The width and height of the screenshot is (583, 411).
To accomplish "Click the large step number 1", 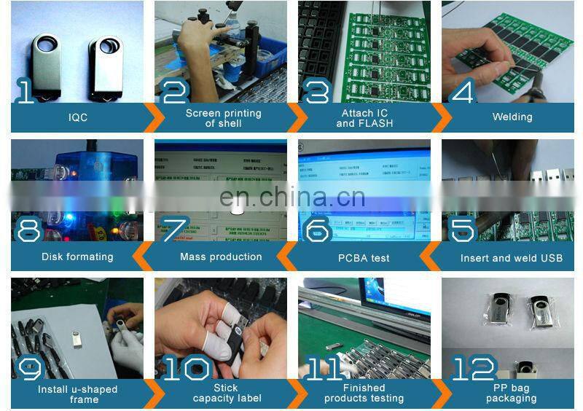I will point(26,91).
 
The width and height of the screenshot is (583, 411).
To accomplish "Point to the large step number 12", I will point(473,368).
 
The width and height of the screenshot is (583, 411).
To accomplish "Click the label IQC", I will point(78,117).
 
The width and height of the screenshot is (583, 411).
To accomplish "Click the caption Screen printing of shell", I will point(223,118).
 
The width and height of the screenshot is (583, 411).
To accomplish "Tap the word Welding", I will point(512,117).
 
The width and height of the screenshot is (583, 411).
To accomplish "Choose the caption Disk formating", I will point(77,257).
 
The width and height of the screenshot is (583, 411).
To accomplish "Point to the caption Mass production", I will point(221,257).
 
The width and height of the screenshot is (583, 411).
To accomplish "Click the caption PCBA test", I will point(364,257).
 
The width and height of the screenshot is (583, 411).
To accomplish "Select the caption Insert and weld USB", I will point(512,257).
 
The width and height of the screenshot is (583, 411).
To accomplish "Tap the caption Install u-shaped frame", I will point(78,394).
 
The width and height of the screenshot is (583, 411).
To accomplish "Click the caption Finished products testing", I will point(364,394).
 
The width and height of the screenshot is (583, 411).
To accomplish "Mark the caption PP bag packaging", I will point(511,394).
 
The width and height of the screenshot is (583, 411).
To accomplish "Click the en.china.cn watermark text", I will point(292,197).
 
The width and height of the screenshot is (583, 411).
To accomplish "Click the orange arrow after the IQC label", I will point(152,117).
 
